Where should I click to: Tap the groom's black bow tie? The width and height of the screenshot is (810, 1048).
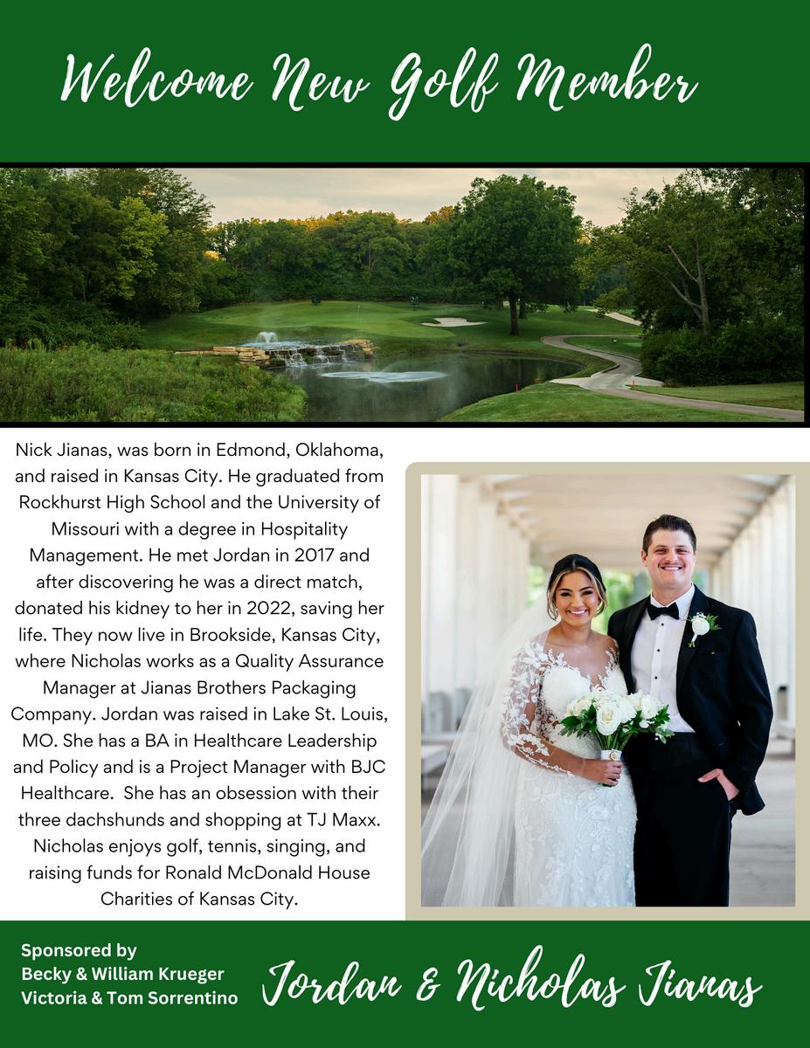[662, 610]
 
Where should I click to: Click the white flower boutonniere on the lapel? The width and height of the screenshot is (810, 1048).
[701, 625]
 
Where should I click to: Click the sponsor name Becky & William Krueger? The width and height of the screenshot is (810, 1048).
[122, 973]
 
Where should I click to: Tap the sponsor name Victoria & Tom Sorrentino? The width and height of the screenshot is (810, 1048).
[129, 997]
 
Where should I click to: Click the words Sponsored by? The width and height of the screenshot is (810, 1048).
[79, 950]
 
